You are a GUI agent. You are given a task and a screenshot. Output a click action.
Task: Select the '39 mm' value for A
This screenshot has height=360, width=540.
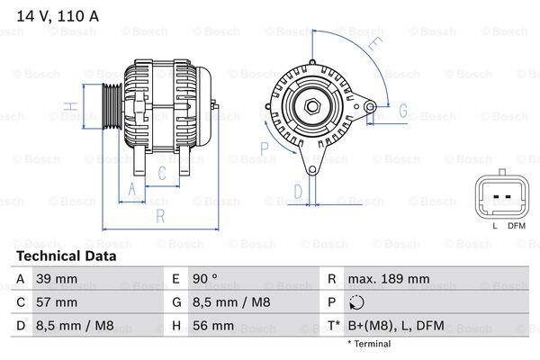pyautogui.click(x=56, y=279)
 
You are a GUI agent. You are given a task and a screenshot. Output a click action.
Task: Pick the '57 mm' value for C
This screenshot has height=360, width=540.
pyautogui.click(x=56, y=302)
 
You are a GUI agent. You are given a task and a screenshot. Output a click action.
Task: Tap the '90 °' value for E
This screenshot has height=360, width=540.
pyautogui.click(x=206, y=279)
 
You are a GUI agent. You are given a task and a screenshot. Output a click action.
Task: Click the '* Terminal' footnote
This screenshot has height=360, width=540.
pyautogui.click(x=368, y=344)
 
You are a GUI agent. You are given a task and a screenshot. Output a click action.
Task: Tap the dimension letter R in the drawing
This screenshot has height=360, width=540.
pyautogui.click(x=158, y=215)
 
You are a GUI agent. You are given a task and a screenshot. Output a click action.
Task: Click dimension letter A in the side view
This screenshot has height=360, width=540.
pyautogui.click(x=132, y=189)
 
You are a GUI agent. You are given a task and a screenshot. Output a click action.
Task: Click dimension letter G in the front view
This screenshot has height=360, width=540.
pyautogui.click(x=402, y=111)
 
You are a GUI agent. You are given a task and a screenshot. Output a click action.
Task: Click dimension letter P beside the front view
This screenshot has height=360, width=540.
pyautogui.click(x=265, y=148)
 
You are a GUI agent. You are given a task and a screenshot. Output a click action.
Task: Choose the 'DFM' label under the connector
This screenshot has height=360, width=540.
pyautogui.click(x=517, y=226)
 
